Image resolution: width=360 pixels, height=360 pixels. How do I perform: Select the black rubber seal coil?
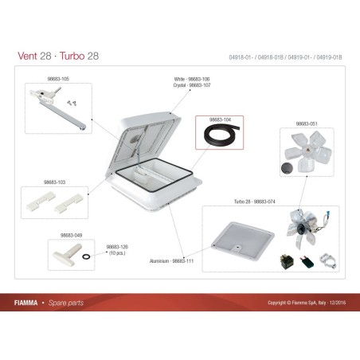click(221, 138)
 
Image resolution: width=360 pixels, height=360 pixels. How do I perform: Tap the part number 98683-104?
click(220, 119)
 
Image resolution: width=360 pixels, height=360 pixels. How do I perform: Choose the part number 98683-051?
click(307, 124)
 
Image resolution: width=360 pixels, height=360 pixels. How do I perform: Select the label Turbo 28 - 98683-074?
click(253, 203)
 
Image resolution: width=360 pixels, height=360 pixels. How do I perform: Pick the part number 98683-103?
click(55, 182)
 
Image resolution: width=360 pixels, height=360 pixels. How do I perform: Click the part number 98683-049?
click(71, 235)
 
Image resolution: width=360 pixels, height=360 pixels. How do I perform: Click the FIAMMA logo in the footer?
click(30, 303)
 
